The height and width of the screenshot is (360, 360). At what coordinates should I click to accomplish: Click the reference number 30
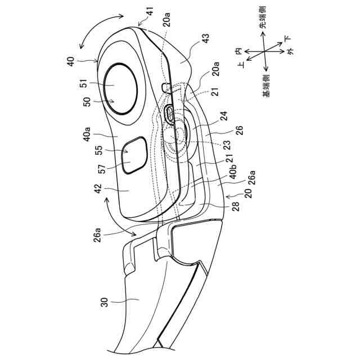(x=102, y=303)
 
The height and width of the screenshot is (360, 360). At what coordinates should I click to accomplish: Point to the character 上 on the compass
(x=241, y=66)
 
